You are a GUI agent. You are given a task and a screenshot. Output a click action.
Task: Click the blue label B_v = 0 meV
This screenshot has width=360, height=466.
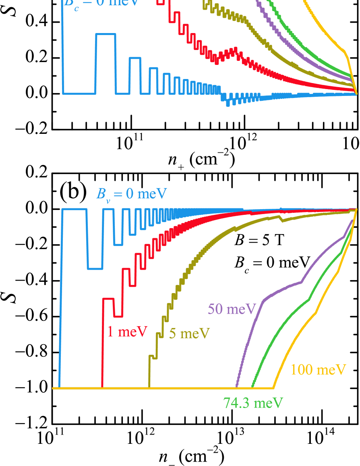131,194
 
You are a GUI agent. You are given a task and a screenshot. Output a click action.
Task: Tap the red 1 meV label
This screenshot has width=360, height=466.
127,331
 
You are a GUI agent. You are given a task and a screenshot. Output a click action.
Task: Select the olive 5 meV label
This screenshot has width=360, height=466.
189,334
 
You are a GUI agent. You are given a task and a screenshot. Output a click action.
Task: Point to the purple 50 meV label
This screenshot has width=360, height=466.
232,310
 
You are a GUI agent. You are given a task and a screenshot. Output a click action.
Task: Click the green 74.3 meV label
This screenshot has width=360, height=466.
253,403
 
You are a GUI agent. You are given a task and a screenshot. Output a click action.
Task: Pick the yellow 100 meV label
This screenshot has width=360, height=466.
318,370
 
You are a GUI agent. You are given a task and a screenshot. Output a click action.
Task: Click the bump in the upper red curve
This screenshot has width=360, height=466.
232,52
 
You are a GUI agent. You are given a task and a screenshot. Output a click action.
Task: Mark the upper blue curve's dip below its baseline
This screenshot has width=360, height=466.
228,102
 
